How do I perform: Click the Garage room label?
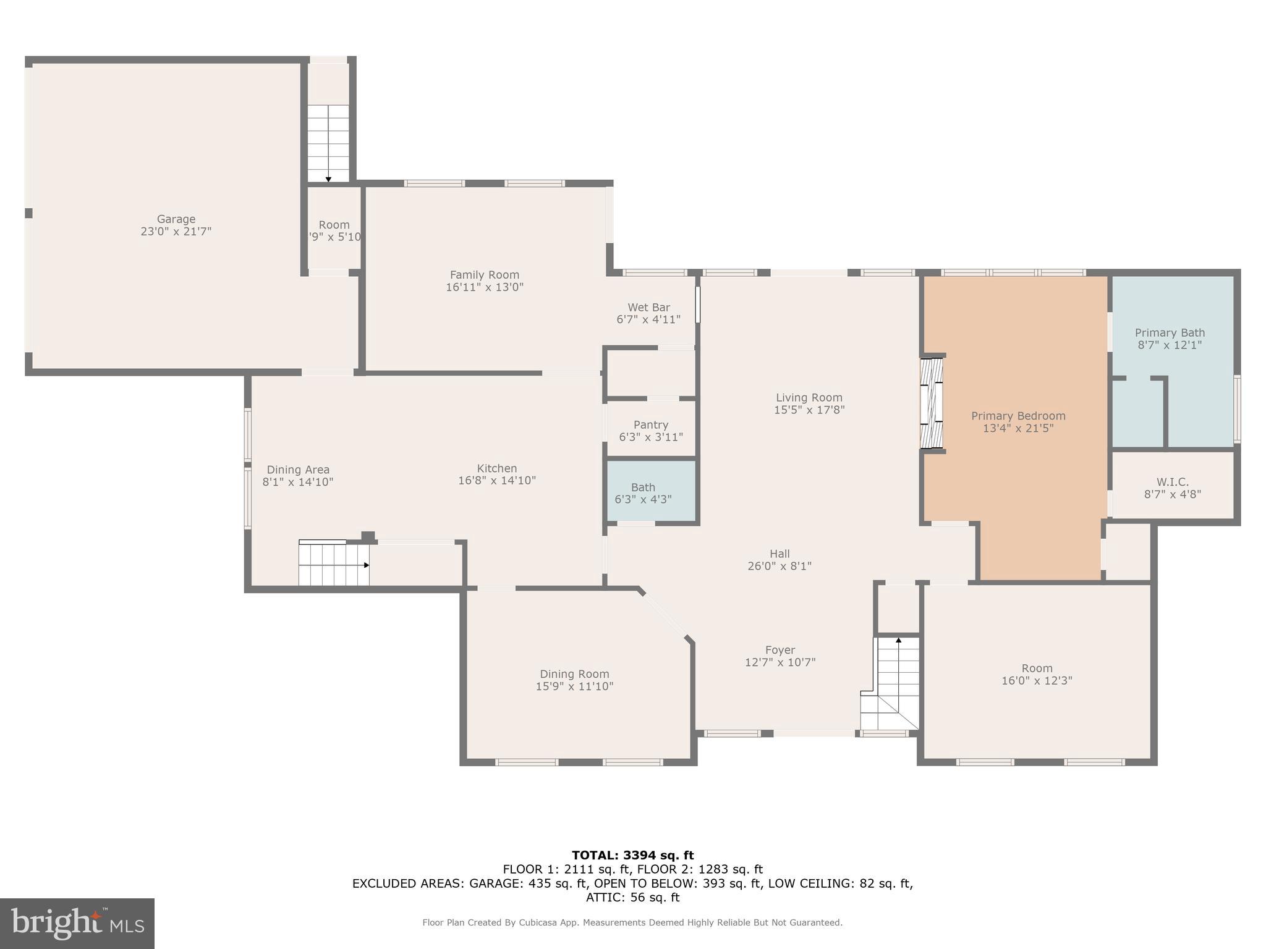tap(176, 219)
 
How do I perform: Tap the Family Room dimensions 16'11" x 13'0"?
tap(484, 287)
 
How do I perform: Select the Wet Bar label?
tap(648, 307)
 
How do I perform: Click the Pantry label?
tap(650, 424)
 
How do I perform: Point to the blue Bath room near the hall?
tap(652, 492)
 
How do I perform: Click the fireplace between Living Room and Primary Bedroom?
tap(932, 403)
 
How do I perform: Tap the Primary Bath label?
tap(1170, 332)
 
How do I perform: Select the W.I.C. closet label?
tap(1172, 482)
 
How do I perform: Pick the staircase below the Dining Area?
tap(333, 563)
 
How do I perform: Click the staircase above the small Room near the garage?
tap(328, 142)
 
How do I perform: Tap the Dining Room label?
tap(574, 674)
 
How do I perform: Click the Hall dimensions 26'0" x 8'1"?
tap(779, 566)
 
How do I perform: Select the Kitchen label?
tap(496, 468)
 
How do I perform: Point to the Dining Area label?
tap(298, 470)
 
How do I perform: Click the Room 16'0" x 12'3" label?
tap(1037, 669)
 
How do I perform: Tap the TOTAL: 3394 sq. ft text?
tap(632, 855)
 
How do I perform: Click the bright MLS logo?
tap(77, 923)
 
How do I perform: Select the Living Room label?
tap(809, 397)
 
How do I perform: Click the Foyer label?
tap(780, 650)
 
